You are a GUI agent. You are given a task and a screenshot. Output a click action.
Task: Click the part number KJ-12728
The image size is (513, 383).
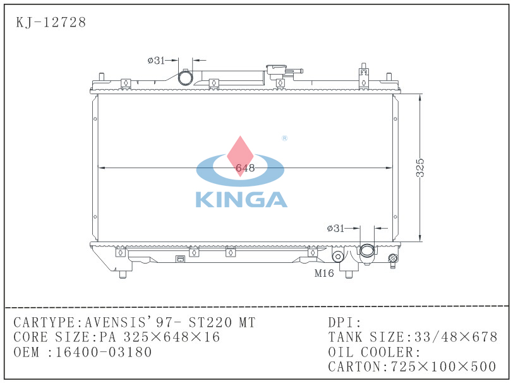pyautogui.click(x=51, y=22)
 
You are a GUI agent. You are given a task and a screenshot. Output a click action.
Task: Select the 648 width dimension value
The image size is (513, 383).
pyautogui.click(x=245, y=168)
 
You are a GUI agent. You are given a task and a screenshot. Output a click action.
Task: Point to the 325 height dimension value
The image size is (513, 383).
pyautogui.click(x=419, y=168)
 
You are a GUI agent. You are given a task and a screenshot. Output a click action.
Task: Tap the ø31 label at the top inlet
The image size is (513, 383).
pyautogui.click(x=156, y=60)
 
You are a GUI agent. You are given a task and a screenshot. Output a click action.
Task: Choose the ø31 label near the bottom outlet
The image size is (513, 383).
pyautogui.click(x=335, y=228)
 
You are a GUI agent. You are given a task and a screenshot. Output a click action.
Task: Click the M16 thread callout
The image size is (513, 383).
pyautogui.click(x=324, y=273)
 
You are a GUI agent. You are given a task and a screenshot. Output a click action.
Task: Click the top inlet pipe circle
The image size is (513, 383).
pyautogui.click(x=186, y=78)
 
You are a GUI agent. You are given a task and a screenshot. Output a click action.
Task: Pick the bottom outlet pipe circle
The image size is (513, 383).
pyautogui.click(x=367, y=251)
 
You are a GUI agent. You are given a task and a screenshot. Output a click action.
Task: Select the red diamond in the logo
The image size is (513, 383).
pyautogui.click(x=240, y=156)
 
